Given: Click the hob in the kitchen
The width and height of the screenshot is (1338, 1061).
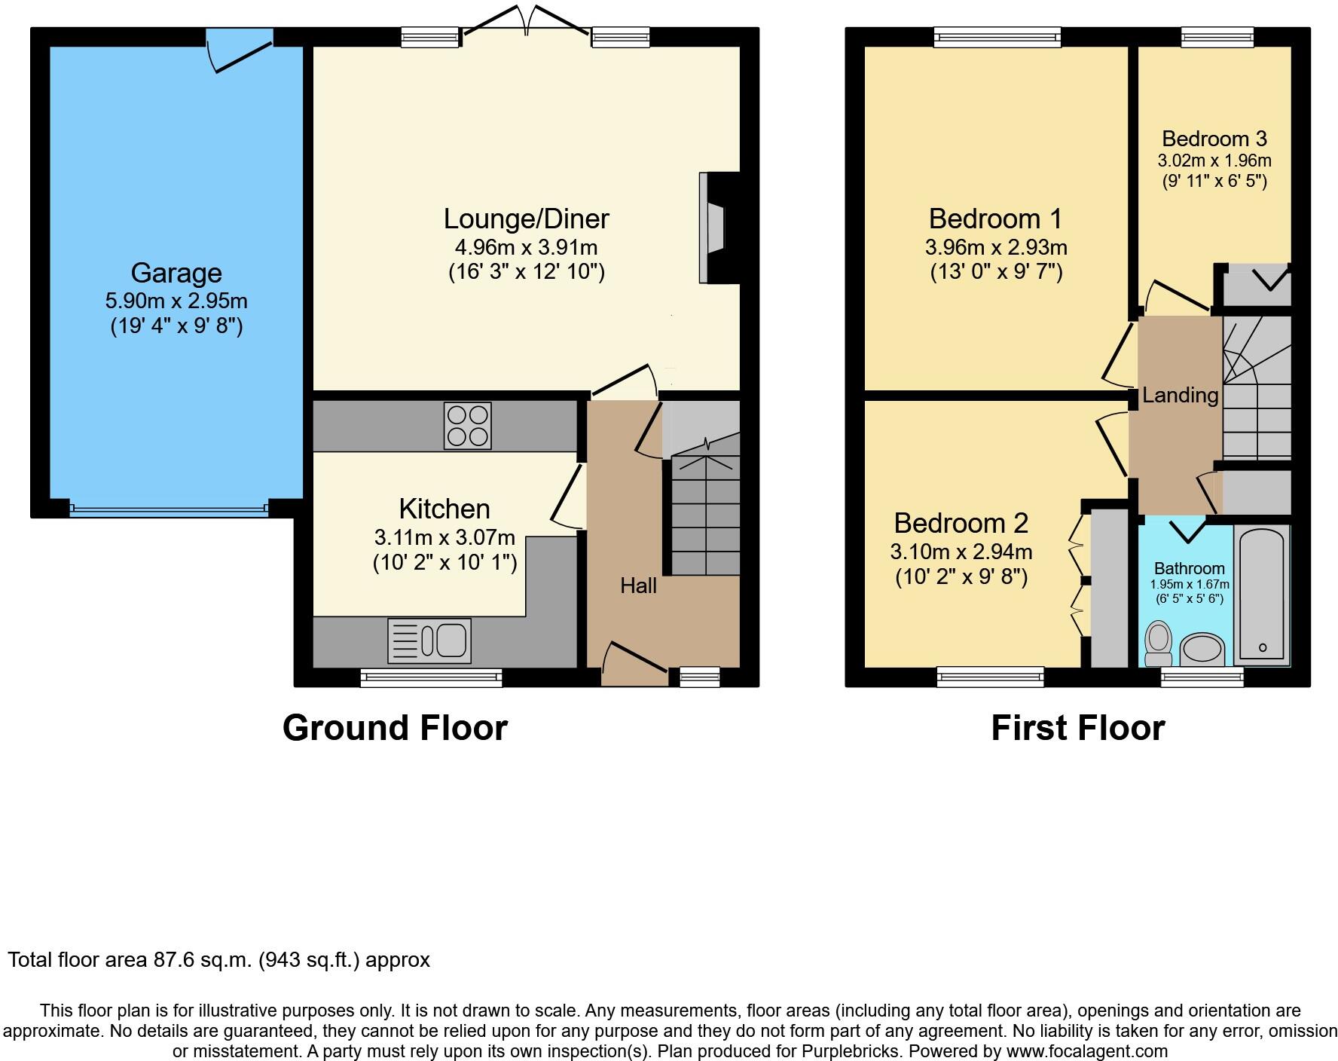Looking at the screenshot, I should pos(467,426).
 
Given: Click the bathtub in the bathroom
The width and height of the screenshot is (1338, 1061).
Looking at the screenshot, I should pos(1261,595).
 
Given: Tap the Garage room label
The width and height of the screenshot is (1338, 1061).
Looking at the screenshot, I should pos(176,273).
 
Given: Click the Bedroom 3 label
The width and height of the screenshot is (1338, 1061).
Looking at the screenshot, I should pos(1214,139).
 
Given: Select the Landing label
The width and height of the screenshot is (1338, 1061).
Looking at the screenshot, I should pos(1180,395).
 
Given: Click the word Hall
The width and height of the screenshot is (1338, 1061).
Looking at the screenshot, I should pos(638,586).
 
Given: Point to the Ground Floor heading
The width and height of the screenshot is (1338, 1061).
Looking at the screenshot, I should pos(395,728).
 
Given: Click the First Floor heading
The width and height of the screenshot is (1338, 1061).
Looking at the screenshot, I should pos(1077,728).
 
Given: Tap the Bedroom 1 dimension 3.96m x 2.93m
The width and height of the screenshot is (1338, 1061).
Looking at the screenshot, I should pos(996,247).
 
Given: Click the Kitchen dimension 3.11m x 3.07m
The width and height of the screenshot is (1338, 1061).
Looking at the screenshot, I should pos(444,537).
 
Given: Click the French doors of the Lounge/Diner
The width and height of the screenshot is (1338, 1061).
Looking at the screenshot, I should pos(525,21).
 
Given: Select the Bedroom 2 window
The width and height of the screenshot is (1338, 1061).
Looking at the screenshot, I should pos(991,677).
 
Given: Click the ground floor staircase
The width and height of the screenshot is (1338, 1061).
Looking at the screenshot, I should pos(705,512).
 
